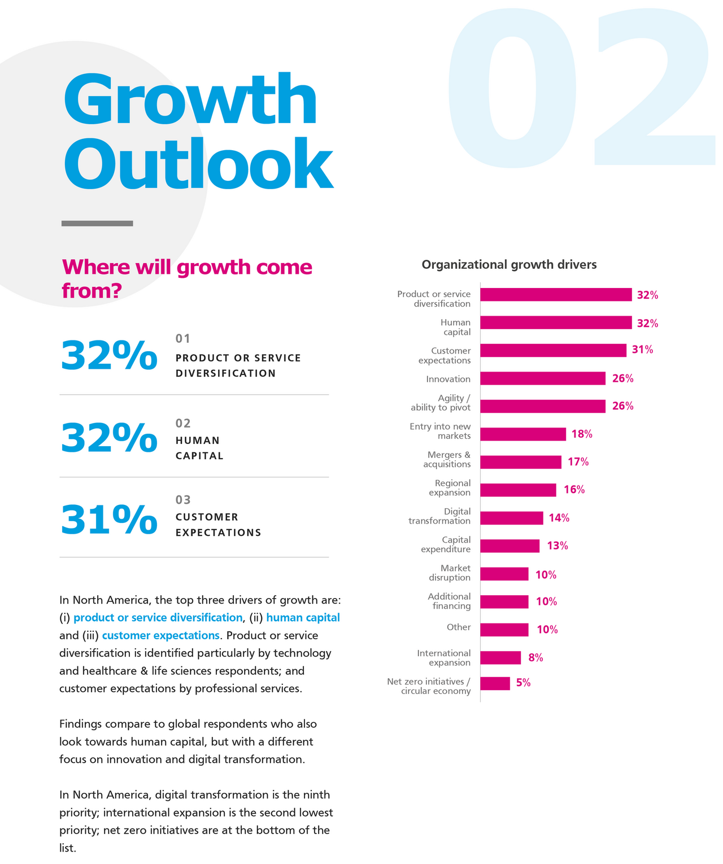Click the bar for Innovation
(x=542, y=378)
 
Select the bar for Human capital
(x=556, y=322)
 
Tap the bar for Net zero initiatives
(x=495, y=683)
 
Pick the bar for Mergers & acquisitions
(x=521, y=462)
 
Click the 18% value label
(x=582, y=434)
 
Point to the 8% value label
(x=535, y=658)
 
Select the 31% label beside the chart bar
(x=642, y=350)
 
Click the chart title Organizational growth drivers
(x=509, y=265)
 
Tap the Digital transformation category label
(x=439, y=516)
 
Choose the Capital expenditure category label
(x=446, y=544)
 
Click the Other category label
(x=459, y=627)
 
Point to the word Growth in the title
(x=190, y=100)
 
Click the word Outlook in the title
(x=198, y=164)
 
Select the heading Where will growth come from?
(x=186, y=278)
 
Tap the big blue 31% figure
(x=108, y=520)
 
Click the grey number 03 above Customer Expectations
(x=183, y=500)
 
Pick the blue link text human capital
(x=303, y=618)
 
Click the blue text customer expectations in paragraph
(x=160, y=635)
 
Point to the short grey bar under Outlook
(x=97, y=224)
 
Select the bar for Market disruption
(x=504, y=574)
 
